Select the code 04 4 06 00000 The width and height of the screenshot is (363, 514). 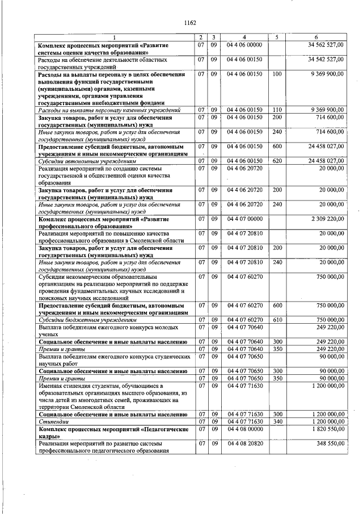tap(244, 44)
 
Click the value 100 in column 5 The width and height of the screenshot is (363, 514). tap(276, 74)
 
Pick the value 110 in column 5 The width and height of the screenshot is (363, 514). tap(276, 110)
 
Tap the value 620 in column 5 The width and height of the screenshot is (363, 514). tap(276, 161)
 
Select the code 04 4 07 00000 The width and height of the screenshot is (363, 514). tap(244, 218)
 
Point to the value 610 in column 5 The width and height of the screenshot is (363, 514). tap(276, 320)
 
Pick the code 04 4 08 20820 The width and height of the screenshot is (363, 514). tap(244, 444)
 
